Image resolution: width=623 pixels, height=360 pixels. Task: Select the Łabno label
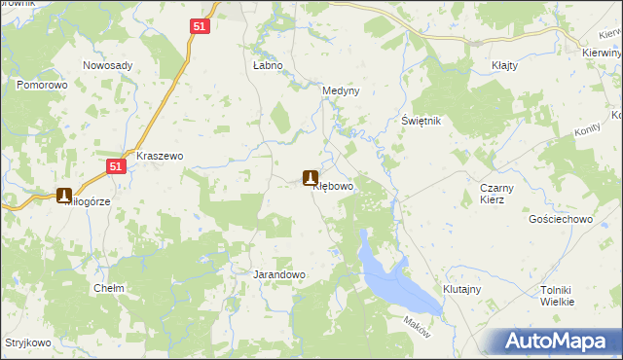(x=268, y=65)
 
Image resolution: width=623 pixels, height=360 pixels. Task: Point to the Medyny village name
(x=341, y=90)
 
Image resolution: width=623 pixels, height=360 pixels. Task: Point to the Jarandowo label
(x=279, y=274)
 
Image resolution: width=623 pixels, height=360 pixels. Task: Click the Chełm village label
(x=107, y=289)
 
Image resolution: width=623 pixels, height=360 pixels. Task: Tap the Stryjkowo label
(x=27, y=343)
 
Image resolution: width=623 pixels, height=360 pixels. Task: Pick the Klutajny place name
(x=463, y=290)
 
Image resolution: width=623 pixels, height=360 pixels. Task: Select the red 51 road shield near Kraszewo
(x=116, y=166)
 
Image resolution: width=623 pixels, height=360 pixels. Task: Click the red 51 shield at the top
(x=200, y=28)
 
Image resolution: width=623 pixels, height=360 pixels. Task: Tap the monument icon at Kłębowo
(x=311, y=178)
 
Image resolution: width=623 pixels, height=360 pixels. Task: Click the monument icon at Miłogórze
(x=64, y=195)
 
